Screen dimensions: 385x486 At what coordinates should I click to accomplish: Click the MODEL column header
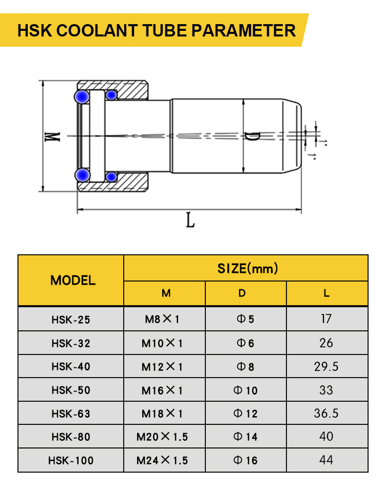click(73, 280)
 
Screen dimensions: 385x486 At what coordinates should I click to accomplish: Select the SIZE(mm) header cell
click(247, 268)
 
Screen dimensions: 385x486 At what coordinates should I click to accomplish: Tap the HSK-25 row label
click(71, 320)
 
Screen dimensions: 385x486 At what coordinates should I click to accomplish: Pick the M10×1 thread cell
click(162, 343)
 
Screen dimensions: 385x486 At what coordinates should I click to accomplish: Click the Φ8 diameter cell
click(245, 367)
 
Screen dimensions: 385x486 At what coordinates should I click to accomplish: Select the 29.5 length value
click(326, 367)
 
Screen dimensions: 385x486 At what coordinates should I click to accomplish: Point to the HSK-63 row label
click(71, 414)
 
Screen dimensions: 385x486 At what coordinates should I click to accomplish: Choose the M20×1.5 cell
click(162, 437)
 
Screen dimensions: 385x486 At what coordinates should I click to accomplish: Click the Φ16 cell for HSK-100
click(245, 460)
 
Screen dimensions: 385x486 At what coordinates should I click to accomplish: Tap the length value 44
click(326, 460)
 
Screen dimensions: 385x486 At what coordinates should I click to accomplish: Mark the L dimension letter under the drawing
click(190, 220)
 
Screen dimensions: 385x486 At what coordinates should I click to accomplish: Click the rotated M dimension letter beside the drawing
click(52, 137)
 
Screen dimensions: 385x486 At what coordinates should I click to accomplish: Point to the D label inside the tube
click(252, 136)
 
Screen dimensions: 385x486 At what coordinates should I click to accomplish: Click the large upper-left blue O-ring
click(82, 97)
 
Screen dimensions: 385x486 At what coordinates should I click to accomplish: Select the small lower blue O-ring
click(111, 177)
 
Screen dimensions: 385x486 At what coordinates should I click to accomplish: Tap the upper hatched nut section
click(127, 90)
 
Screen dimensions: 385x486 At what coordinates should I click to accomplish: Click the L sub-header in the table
click(326, 293)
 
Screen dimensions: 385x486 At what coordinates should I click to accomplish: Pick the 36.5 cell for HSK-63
click(326, 413)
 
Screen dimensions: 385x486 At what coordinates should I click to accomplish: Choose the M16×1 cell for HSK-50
click(162, 390)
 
